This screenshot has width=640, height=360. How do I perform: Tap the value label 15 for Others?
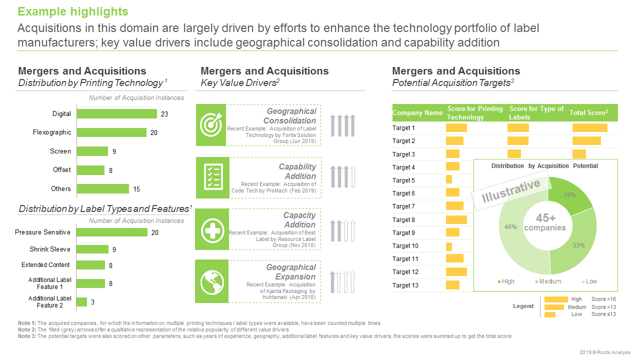(136, 189)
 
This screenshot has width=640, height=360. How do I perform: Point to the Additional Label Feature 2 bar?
(81, 302)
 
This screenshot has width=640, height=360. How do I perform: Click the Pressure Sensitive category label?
(42, 232)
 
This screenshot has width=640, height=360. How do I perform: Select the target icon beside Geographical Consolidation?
(210, 125)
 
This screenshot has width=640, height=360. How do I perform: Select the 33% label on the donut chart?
(578, 245)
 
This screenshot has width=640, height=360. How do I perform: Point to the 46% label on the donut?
(510, 227)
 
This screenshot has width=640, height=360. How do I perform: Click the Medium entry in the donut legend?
(548, 281)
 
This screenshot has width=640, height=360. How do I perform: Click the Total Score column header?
(588, 113)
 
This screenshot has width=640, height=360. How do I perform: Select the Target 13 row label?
(405, 285)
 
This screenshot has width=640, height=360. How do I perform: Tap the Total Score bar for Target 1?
(589, 128)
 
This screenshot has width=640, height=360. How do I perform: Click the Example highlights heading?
(73, 11)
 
